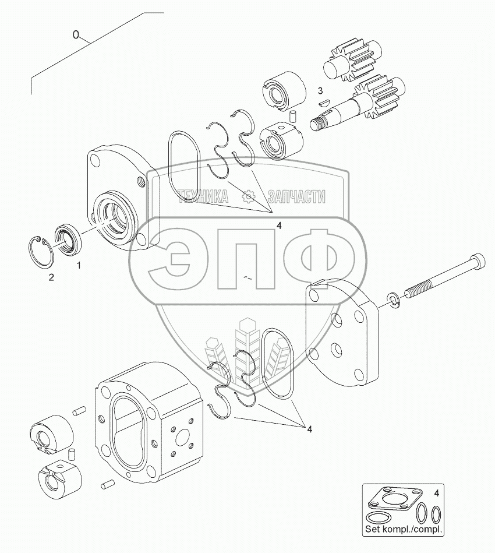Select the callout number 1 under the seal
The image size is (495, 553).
[x=79, y=266]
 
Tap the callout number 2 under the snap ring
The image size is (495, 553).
[x=51, y=277]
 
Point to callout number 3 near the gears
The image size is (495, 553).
[x=320, y=90]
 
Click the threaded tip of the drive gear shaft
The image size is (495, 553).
[x=318, y=124]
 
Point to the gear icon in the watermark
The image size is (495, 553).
[x=248, y=198]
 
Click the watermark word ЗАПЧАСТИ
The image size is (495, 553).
[x=296, y=198]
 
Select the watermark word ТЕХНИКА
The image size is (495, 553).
[x=203, y=198]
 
